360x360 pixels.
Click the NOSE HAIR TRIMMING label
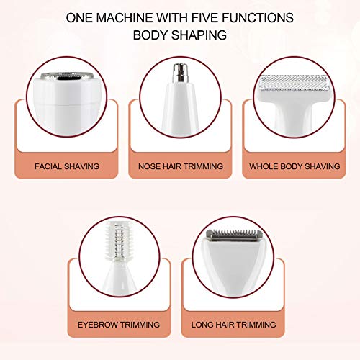point(181,166)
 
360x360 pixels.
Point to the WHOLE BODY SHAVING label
point(294,166)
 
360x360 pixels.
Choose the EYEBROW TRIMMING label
point(120,325)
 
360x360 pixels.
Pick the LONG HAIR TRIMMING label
point(237,325)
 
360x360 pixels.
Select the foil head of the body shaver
point(295,84)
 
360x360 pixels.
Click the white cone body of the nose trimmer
point(180,108)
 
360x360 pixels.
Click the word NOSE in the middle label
point(150,166)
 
